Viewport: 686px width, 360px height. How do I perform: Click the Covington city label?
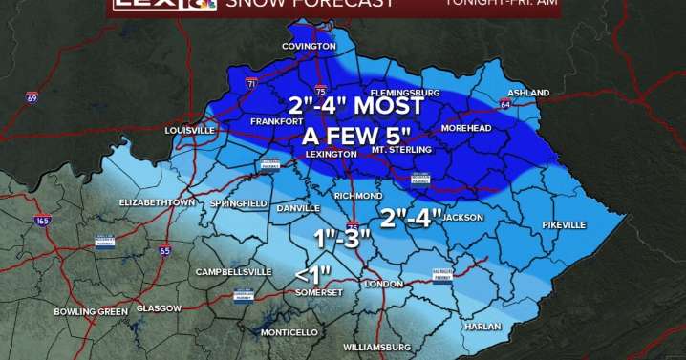tap(309, 46)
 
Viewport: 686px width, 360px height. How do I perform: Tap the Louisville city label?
tap(190, 130)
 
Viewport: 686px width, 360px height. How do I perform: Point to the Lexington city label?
tap(330, 153)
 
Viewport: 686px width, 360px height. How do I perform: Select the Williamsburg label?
tap(376, 346)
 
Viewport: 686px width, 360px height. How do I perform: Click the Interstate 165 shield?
tap(41, 221)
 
